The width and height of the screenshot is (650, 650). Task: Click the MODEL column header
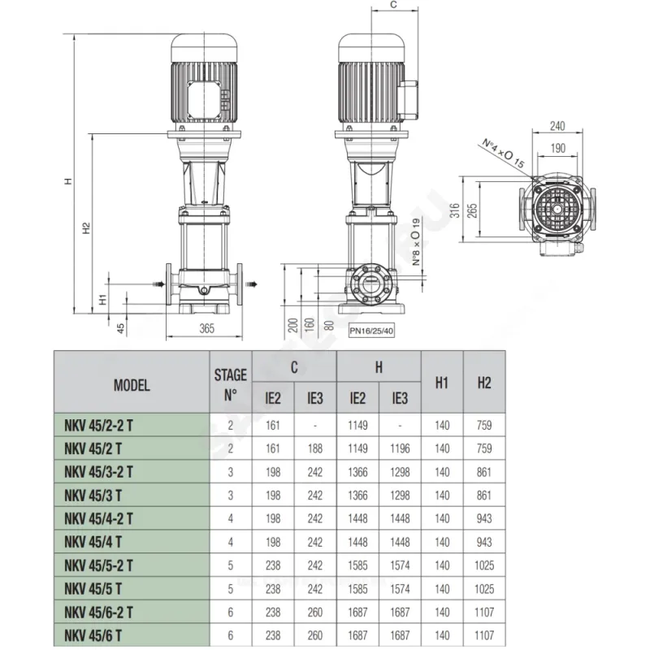click(132, 386)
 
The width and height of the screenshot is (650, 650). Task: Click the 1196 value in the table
click(400, 448)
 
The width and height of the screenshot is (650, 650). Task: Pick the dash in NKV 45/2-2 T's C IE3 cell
click(314, 425)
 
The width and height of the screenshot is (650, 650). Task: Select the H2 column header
click(484, 383)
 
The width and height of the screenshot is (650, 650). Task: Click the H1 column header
click(442, 383)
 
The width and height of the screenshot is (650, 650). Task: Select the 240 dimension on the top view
click(557, 126)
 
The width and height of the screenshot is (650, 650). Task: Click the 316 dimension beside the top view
click(456, 210)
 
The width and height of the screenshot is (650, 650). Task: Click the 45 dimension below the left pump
click(120, 328)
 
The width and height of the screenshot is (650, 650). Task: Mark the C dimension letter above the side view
click(394, 6)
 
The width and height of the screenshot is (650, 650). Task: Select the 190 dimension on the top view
click(557, 149)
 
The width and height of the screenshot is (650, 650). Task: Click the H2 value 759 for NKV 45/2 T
click(484, 448)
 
